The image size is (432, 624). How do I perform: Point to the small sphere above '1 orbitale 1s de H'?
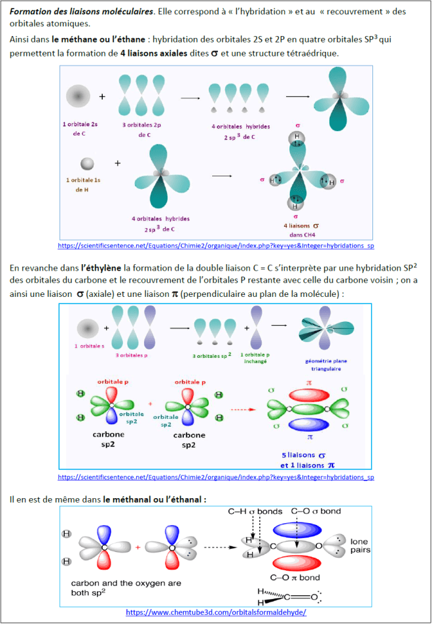(86, 163)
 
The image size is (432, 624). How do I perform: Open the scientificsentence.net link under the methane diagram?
(216, 245)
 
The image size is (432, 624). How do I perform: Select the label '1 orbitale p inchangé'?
(261, 359)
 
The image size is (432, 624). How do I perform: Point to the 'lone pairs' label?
(359, 545)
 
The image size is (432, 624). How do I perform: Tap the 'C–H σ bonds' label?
(255, 511)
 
